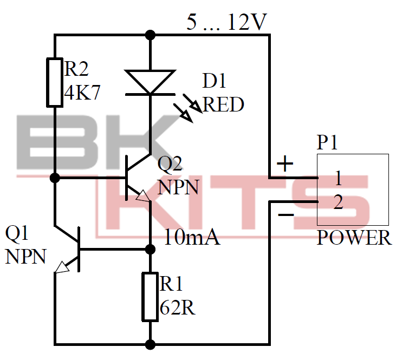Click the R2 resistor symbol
pyautogui.click(x=55, y=82)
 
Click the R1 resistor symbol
pyautogui.click(x=150, y=297)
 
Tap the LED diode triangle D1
pyautogui.click(x=150, y=82)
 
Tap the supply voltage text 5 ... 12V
pyautogui.click(x=226, y=23)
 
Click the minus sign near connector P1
pyautogui.click(x=285, y=215)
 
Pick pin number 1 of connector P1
pyautogui.click(x=338, y=178)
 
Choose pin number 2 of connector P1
pyautogui.click(x=338, y=202)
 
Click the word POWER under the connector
pyautogui.click(x=354, y=238)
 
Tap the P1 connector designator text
pyautogui.click(x=328, y=143)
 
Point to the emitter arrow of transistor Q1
pyautogui.click(x=63, y=266)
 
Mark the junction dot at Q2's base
pyautogui.click(x=55, y=178)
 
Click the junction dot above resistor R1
pyautogui.click(x=150, y=249)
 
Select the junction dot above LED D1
pyautogui.click(x=150, y=36)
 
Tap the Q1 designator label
pyautogui.click(x=17, y=234)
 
